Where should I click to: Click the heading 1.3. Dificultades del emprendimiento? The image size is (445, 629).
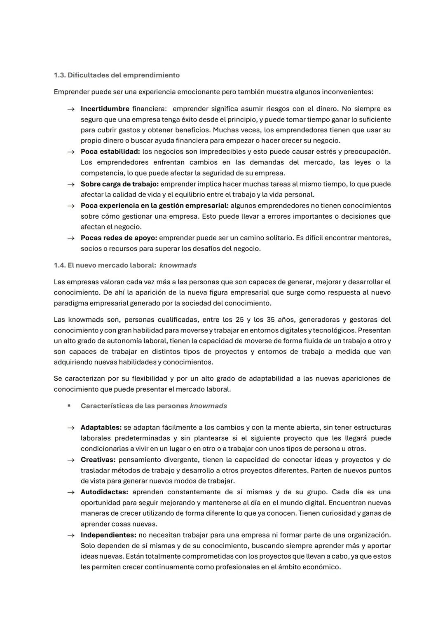click(117, 75)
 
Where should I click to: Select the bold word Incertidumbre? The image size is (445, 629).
click(105, 109)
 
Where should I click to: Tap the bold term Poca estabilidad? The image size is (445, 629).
click(110, 152)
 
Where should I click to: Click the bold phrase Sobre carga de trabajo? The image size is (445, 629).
click(119, 184)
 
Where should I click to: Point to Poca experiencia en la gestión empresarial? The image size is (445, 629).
click(154, 206)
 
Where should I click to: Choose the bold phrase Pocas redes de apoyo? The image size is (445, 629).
click(119, 238)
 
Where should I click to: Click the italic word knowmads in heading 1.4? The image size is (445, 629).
click(178, 265)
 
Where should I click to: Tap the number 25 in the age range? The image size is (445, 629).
click(239, 320)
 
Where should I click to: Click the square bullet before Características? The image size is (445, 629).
click(69, 406)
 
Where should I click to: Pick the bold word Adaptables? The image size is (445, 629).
click(101, 428)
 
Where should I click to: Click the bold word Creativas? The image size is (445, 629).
click(98, 460)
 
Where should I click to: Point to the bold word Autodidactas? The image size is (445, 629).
click(104, 492)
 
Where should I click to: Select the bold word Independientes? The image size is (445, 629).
click(108, 535)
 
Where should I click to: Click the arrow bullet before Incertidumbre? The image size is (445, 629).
click(71, 109)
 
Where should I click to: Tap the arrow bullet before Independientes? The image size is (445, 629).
click(71, 535)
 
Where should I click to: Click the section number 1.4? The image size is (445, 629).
click(59, 265)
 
